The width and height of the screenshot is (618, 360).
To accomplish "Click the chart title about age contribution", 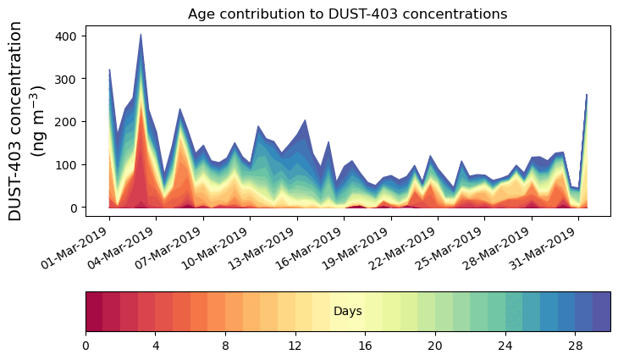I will tap(347, 14).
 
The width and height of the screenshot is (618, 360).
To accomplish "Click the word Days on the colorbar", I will tap(347, 312).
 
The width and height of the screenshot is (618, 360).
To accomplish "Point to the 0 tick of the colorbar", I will tap(86, 346).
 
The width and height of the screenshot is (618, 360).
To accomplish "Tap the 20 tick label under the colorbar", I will tap(435, 346).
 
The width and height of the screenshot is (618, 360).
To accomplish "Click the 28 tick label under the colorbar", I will tap(576, 346).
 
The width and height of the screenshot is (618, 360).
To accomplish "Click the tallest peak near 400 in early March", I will tap(141, 36).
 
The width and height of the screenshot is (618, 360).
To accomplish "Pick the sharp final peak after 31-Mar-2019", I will tap(587, 96).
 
